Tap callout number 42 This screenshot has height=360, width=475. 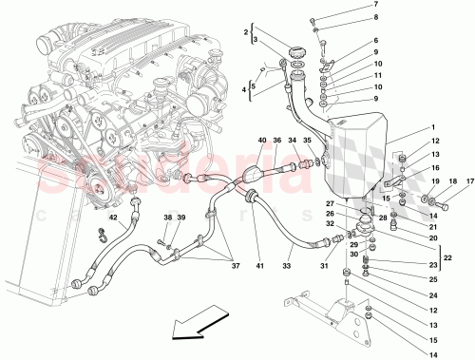113,218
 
